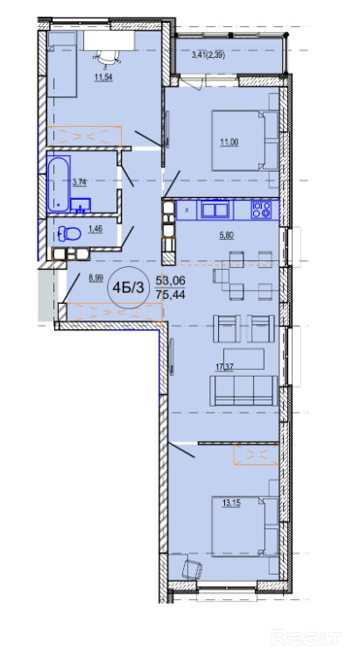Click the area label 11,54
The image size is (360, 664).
coord(103,77)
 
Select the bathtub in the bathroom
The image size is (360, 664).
coord(59,184)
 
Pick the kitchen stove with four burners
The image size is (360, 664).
coord(261,209)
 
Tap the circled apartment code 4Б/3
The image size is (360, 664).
coord(128,288)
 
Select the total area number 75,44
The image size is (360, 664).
coord(171,293)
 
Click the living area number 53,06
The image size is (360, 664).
coord(171,279)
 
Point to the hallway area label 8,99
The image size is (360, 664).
coord(95,278)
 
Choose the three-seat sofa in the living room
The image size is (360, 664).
coord(244,390)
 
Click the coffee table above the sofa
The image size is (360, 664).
coord(244,358)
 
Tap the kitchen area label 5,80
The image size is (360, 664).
coord(226,237)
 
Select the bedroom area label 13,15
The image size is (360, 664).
coord(230,503)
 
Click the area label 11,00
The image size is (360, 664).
coord(229,142)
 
